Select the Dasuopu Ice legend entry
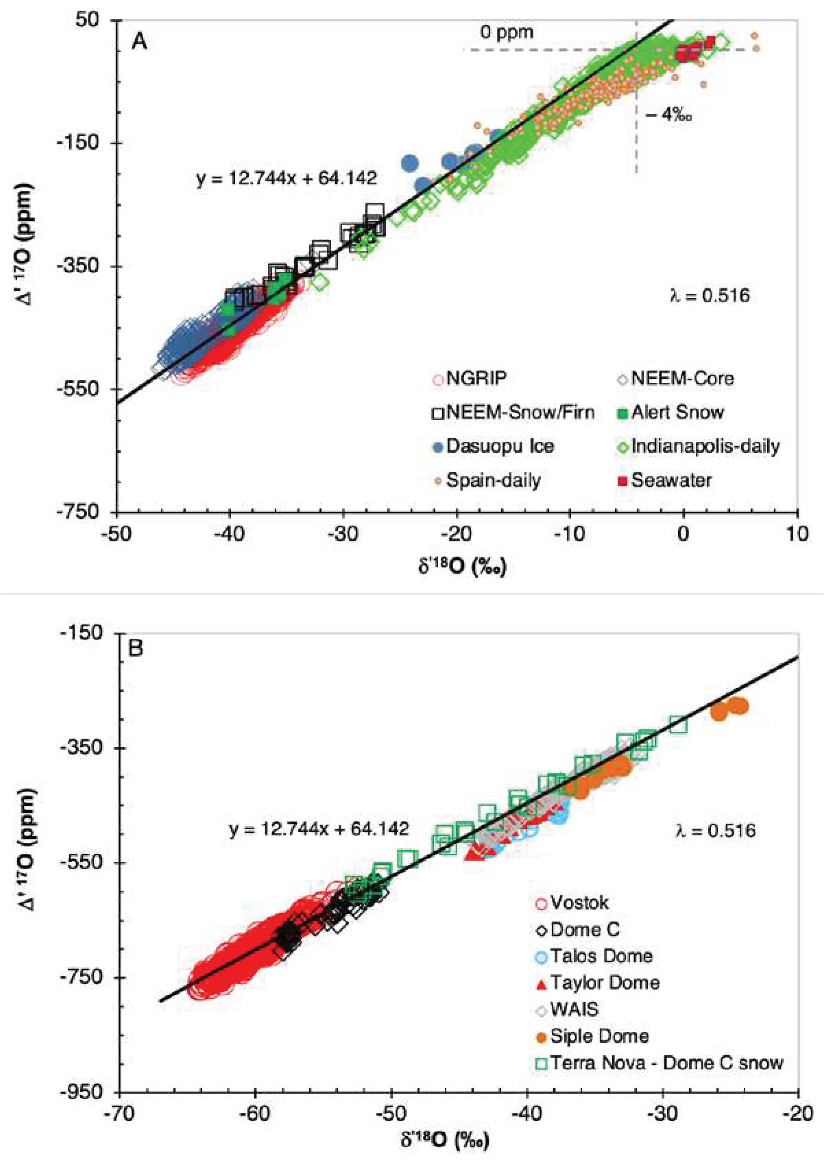tap(493, 446)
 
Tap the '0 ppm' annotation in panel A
tap(506, 33)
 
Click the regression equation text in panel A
tap(286, 178)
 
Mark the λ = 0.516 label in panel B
tap(714, 831)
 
